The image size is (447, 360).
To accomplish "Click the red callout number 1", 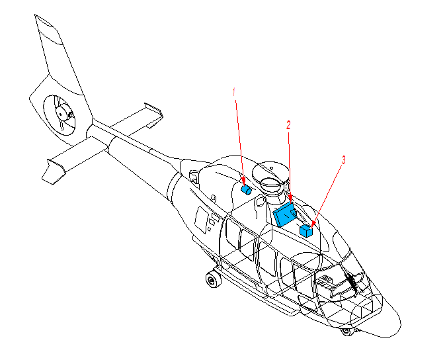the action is pyautogui.click(x=234, y=92).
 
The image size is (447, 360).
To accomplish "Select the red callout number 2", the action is pyautogui.click(x=288, y=125).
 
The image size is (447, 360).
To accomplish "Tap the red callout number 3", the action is pyautogui.click(x=344, y=160).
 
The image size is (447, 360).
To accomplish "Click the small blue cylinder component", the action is pyautogui.click(x=246, y=190).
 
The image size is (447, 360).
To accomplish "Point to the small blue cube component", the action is pyautogui.click(x=306, y=231).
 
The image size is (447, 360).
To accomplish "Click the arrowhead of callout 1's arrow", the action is pyautogui.click(x=243, y=181).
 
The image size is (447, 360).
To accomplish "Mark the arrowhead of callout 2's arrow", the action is pyautogui.click(x=290, y=199).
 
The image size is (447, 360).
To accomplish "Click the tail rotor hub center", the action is pyautogui.click(x=60, y=114).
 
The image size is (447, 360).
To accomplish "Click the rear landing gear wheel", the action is pyautogui.click(x=213, y=280).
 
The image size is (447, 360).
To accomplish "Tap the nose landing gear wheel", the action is pyautogui.click(x=346, y=332).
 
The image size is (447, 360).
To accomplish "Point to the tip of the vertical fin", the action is pyautogui.click(x=35, y=15).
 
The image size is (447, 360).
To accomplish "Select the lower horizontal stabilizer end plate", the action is pyautogui.click(x=53, y=172).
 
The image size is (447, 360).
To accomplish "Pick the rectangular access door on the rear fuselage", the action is pyautogui.click(x=202, y=220).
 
